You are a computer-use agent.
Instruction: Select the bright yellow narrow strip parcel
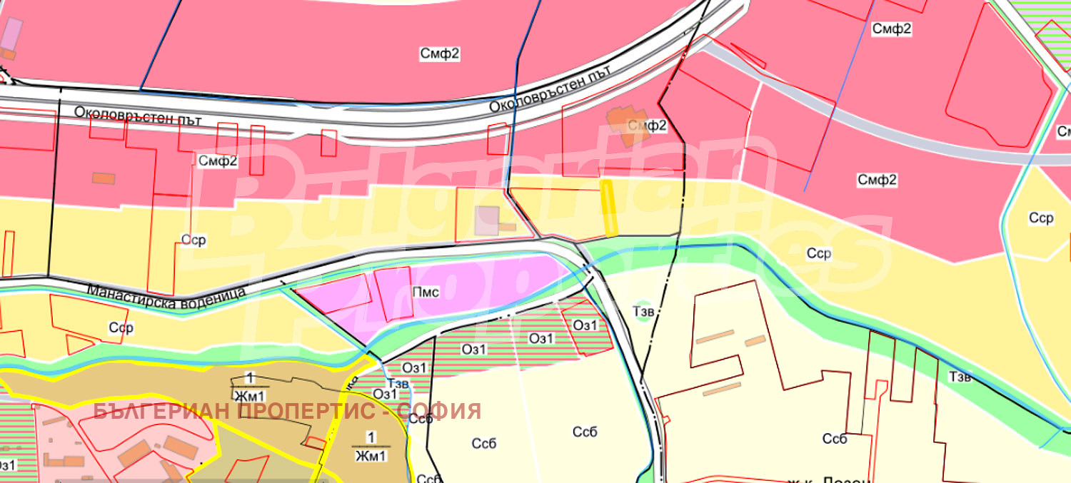click(x=609, y=208)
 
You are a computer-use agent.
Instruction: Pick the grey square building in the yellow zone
click(x=488, y=220)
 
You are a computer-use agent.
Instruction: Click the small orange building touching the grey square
click(x=507, y=227)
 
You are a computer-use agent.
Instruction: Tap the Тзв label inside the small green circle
click(x=643, y=311)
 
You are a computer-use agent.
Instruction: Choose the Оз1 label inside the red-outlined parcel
click(x=585, y=325)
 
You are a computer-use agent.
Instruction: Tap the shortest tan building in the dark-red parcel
click(x=755, y=341)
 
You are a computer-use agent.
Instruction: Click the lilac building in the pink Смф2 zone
click(x=12, y=33)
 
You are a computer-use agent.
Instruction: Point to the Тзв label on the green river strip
click(x=960, y=377)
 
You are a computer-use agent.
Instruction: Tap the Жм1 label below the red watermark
click(x=371, y=455)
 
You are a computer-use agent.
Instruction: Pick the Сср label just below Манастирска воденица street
click(x=121, y=328)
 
